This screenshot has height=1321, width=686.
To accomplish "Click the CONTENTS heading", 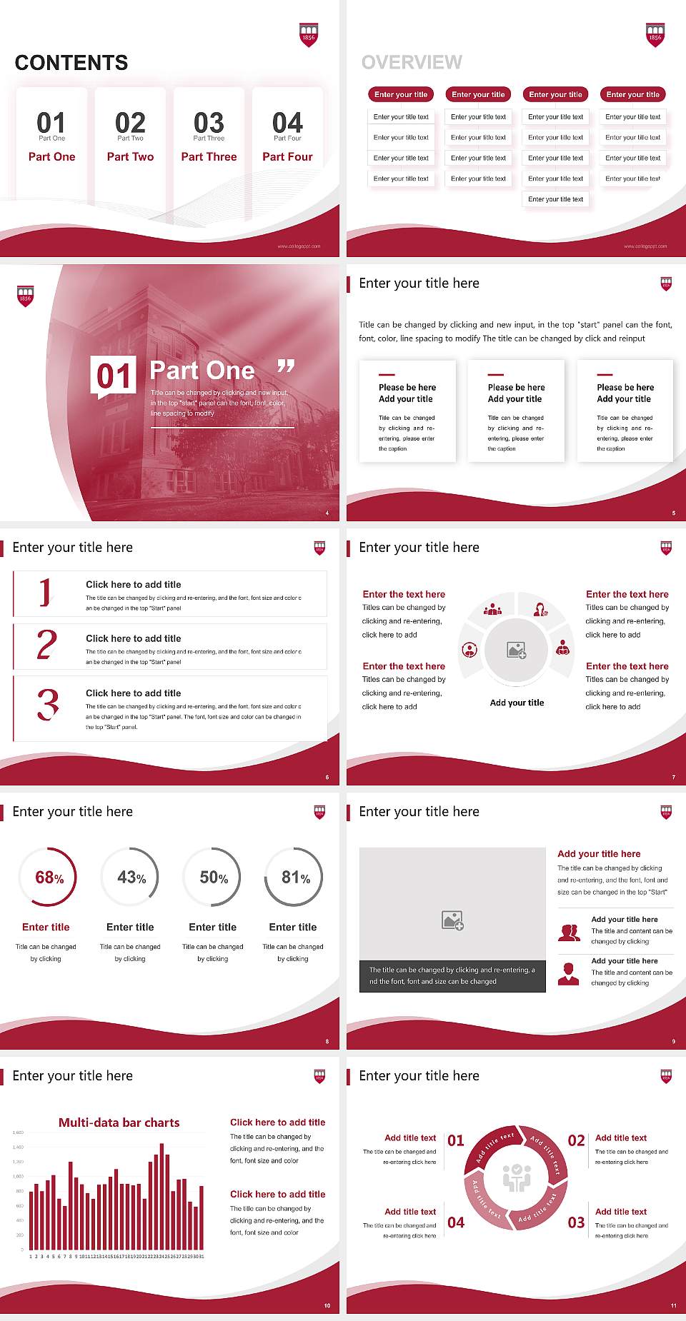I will click(71, 63).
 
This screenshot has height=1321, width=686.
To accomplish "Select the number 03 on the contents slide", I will click(209, 123).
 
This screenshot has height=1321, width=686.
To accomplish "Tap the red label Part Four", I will click(287, 156).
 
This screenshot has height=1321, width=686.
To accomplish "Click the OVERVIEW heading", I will click(412, 63).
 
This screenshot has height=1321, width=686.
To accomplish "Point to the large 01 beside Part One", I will click(114, 376).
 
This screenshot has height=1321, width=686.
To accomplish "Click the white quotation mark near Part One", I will click(286, 366).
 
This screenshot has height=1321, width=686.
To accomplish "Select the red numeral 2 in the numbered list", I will click(46, 645).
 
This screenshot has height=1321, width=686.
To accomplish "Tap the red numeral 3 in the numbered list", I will click(48, 704).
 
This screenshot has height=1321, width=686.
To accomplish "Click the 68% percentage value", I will click(49, 878).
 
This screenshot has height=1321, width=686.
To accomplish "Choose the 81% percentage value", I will click(295, 878).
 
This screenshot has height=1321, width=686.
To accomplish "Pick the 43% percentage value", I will click(131, 878).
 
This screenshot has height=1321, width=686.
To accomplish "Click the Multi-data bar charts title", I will click(119, 1122).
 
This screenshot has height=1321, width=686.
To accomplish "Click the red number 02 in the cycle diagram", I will click(576, 1140).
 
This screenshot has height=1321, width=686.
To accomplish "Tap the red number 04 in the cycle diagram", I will click(456, 1222).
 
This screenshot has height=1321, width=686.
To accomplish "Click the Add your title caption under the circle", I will click(517, 703).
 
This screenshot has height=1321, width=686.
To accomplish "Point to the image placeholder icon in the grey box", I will click(452, 920).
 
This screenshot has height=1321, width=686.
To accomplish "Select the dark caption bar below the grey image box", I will click(452, 976).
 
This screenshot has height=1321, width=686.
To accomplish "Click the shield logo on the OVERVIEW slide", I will click(655, 35).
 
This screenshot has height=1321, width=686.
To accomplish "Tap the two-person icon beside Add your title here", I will click(569, 933).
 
